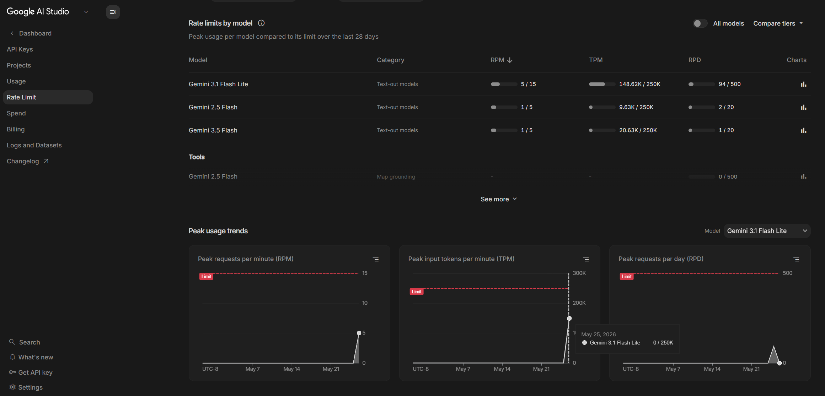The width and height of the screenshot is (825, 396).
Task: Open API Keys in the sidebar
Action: (x=20, y=49)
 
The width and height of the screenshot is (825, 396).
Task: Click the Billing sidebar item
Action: (x=16, y=129)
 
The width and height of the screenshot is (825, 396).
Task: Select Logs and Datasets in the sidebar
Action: (x=34, y=145)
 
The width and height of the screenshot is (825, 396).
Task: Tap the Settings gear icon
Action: (x=12, y=387)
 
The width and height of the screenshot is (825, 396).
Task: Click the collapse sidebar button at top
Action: (x=113, y=12)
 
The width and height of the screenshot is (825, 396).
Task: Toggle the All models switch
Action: (x=700, y=23)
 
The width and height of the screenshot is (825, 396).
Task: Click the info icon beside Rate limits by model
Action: (x=261, y=23)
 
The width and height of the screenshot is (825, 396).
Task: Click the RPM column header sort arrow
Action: (x=510, y=60)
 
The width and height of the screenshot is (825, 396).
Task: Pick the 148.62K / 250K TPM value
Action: (x=640, y=84)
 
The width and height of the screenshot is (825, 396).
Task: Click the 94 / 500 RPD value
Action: (x=730, y=84)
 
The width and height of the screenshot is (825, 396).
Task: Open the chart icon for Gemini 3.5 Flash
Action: (x=803, y=130)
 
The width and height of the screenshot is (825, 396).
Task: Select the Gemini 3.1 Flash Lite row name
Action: (x=218, y=84)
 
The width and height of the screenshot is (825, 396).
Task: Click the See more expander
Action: (x=499, y=199)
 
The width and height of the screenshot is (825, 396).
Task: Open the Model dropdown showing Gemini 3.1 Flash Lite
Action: (x=767, y=231)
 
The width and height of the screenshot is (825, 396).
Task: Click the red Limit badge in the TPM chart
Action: (x=417, y=292)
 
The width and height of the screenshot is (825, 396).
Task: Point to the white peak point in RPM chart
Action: (x=359, y=333)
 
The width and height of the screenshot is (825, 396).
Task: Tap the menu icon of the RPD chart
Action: (x=796, y=260)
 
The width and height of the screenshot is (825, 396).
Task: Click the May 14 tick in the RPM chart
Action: (x=291, y=369)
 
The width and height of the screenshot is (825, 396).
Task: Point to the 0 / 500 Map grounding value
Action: (x=728, y=177)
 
